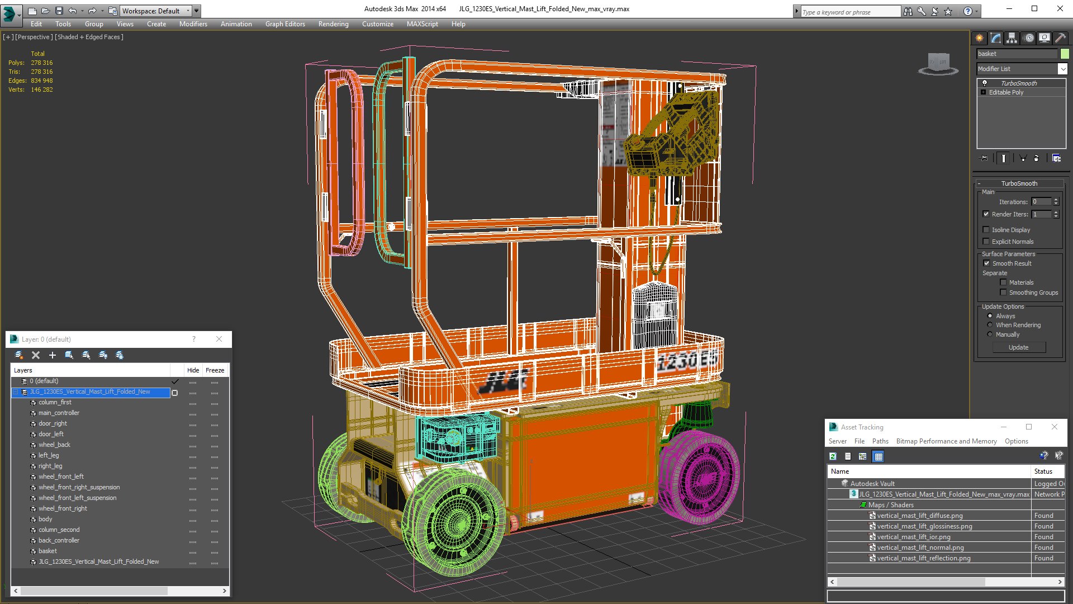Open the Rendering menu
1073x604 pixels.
(333, 24)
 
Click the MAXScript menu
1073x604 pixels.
(422, 24)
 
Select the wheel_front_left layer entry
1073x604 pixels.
(61, 476)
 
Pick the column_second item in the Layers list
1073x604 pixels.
(59, 530)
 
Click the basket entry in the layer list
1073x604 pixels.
(48, 551)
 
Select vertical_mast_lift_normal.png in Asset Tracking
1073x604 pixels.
(920, 548)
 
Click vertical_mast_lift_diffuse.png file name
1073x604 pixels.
(919, 516)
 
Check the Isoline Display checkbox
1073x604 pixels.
(986, 230)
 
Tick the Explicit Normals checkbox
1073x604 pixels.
(986, 242)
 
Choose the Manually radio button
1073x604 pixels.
(990, 334)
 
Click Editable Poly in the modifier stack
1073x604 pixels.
(1006, 92)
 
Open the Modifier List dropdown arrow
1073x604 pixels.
(1062, 69)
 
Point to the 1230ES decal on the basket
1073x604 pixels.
(687, 361)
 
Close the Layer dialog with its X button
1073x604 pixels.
(219, 339)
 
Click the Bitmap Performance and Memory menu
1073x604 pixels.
(946, 441)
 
